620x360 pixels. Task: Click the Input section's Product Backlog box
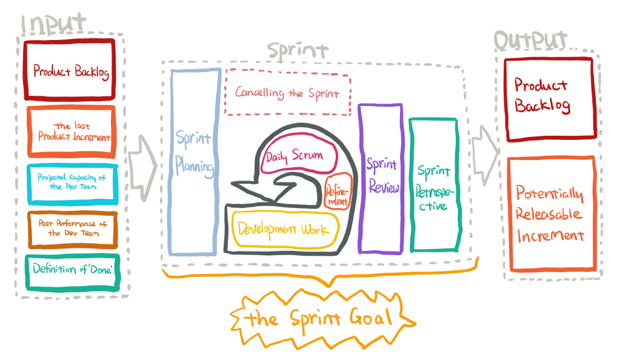point(70,70)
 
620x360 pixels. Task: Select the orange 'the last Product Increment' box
point(71,132)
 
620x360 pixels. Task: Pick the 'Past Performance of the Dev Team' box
point(72,228)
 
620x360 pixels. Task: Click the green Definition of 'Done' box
point(72,270)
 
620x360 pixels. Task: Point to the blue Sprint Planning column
point(194,161)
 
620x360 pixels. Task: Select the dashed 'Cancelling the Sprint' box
point(287,94)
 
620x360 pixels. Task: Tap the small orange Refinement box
point(338,192)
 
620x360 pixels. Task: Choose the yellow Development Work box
point(284,229)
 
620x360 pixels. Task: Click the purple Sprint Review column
point(381,178)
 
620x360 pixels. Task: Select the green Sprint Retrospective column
point(434,184)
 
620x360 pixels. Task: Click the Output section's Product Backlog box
point(549,99)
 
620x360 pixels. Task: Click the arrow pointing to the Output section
point(484,149)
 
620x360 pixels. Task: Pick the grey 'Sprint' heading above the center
point(298,50)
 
